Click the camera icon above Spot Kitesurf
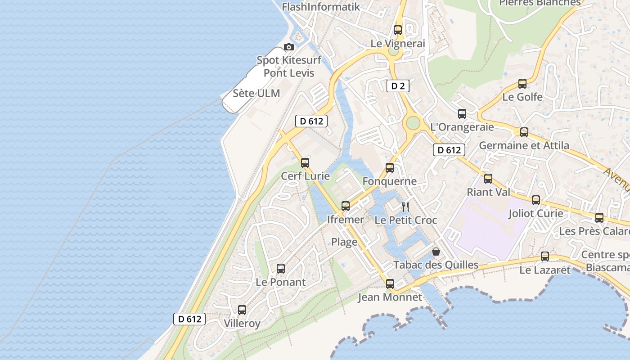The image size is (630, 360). (289, 47)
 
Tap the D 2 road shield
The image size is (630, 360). (398, 86)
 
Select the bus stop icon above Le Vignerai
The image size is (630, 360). (398, 30)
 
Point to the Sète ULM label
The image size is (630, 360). (256, 94)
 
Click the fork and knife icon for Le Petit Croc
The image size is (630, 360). (405, 207)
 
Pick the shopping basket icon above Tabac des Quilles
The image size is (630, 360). (436, 251)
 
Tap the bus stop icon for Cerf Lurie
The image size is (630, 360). (305, 162)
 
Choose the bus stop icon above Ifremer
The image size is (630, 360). (346, 206)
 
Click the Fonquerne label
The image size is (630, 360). (390, 181)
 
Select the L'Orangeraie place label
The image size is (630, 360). (462, 127)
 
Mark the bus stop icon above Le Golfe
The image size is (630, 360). (522, 84)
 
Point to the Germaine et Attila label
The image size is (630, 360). (524, 145)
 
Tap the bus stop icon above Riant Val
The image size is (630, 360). (488, 179)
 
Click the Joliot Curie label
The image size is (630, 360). (535, 213)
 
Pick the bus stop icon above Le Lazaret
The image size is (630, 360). (545, 256)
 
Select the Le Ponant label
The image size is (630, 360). (280, 282)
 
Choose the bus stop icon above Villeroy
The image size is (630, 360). (242, 310)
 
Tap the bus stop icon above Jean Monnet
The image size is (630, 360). (390, 284)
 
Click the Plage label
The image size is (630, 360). (344, 242)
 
